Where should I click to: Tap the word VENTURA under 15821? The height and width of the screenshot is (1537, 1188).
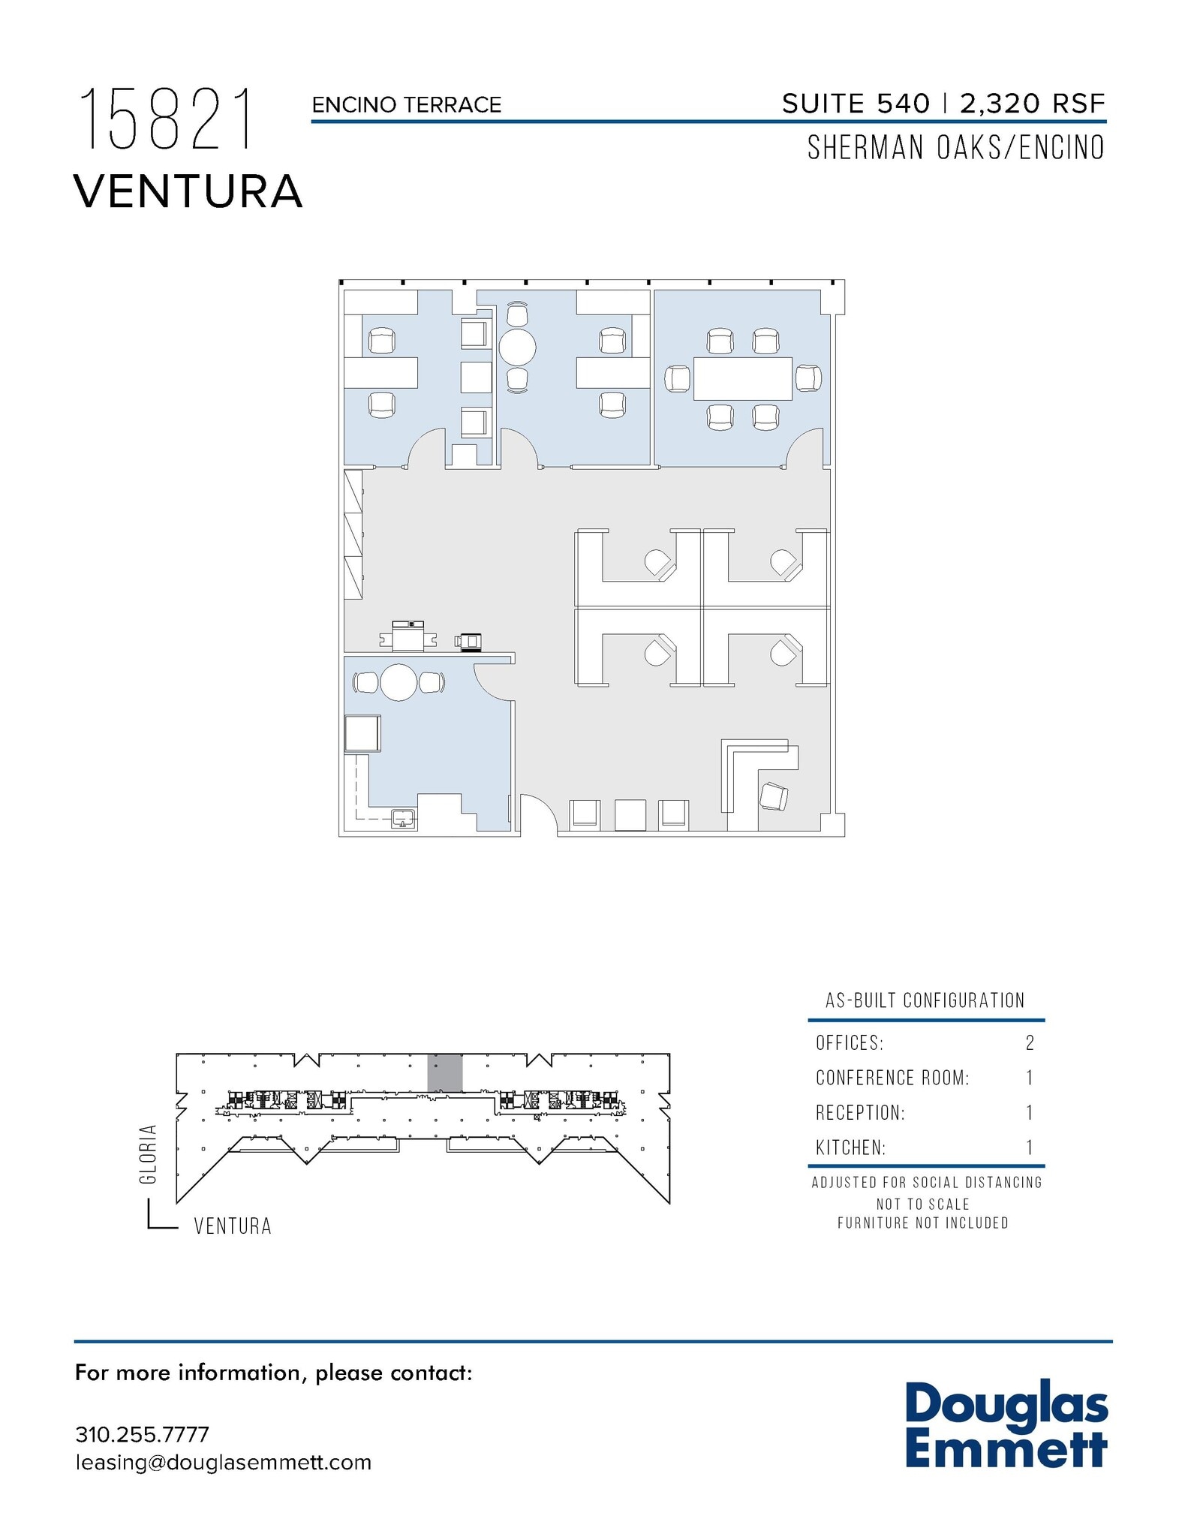pyautogui.click(x=188, y=191)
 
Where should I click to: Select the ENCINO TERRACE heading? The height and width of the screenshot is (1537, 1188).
pyautogui.click(x=406, y=105)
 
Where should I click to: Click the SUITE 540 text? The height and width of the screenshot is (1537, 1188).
pyautogui.click(x=856, y=104)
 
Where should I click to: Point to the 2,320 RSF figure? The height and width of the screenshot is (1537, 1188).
pyautogui.click(x=1032, y=104)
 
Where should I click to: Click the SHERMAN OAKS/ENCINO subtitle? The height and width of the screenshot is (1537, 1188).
pyautogui.click(x=955, y=148)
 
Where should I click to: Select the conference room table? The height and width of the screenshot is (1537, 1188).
pyautogui.click(x=742, y=379)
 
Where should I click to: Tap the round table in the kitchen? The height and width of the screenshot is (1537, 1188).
pyautogui.click(x=399, y=682)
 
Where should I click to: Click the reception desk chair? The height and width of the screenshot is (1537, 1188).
pyautogui.click(x=774, y=796)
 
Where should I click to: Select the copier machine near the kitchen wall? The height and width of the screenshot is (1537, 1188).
pyautogui.click(x=408, y=636)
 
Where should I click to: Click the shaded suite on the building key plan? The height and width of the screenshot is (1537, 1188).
pyautogui.click(x=444, y=1072)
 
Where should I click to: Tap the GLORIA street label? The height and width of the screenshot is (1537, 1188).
pyautogui.click(x=149, y=1154)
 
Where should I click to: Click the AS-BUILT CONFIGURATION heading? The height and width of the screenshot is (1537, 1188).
pyautogui.click(x=925, y=1000)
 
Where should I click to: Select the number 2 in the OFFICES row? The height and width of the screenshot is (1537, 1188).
pyautogui.click(x=1030, y=1042)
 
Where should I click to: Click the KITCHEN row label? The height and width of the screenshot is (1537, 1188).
pyautogui.click(x=850, y=1147)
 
